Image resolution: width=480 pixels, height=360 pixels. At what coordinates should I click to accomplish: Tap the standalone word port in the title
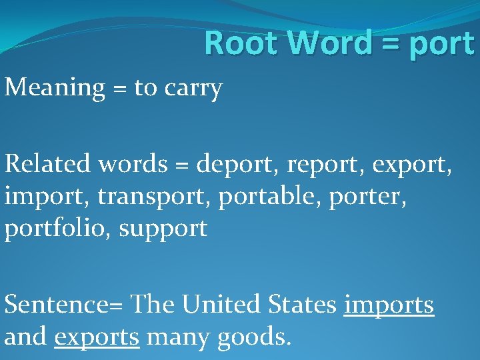443,44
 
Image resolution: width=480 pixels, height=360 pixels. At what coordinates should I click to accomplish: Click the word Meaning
55,88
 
